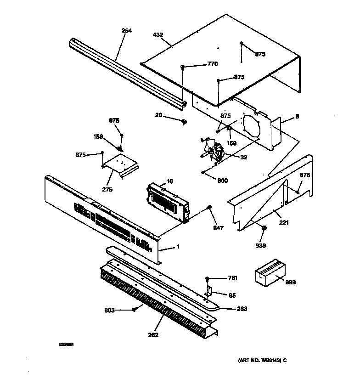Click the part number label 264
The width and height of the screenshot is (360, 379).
(126, 31)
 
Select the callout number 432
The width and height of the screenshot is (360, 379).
(158, 34)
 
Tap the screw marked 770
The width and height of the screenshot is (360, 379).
(183, 68)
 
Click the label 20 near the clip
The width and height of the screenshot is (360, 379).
(158, 115)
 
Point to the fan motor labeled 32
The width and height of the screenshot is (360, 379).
(214, 151)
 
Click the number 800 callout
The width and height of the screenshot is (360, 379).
(222, 181)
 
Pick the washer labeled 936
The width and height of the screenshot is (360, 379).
(264, 228)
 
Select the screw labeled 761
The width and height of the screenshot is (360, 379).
(208, 278)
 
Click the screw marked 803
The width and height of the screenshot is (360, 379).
(134, 310)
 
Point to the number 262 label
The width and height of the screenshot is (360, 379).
(153, 335)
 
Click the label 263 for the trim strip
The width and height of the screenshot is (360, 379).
(242, 309)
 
